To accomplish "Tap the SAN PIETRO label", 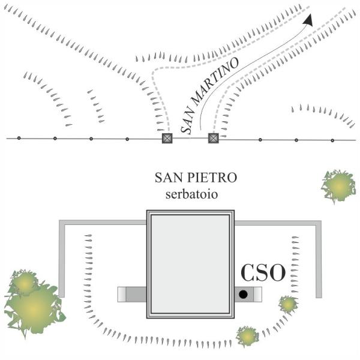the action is point(196,178).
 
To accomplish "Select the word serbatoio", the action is point(191,194).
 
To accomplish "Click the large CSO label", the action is point(263,273).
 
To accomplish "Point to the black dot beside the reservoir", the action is point(243,294).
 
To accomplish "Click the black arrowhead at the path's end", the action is point(308,20).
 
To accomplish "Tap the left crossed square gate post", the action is point(167,138).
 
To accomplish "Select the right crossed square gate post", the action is point(213,138).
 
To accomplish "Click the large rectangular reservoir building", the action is point(190,264).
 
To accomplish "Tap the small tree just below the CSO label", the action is point(288,304).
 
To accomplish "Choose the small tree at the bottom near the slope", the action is point(247,337).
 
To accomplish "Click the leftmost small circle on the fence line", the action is point(19,138).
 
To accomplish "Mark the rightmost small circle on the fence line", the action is point(332,140).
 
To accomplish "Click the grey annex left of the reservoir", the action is point(132,295).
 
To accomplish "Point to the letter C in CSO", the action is point(248,273).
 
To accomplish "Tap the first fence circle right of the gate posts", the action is point(260,140).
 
